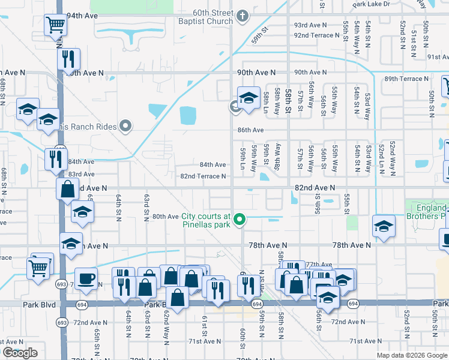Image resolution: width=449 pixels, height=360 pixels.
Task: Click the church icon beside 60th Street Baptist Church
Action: click(243, 15)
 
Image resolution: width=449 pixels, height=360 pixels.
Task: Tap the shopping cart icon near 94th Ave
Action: click(55, 25)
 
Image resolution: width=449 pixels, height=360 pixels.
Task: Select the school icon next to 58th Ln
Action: click(248, 97)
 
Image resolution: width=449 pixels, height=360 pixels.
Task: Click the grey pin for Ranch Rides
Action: click(125, 126)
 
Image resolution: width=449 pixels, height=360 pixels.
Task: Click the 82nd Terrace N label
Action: click(203, 176)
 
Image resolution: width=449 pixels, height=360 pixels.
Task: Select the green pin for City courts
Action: click(240, 220)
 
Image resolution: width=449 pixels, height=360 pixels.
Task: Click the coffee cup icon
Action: click(86, 278)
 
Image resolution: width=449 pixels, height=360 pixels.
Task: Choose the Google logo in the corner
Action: click(20, 353)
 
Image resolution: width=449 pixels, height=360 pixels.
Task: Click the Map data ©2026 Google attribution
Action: click(412, 355)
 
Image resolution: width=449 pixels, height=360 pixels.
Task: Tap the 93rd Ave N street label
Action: click(310, 25)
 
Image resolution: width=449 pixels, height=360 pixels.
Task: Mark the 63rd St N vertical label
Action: click(146, 208)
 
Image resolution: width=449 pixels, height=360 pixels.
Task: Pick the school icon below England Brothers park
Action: click(384, 226)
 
